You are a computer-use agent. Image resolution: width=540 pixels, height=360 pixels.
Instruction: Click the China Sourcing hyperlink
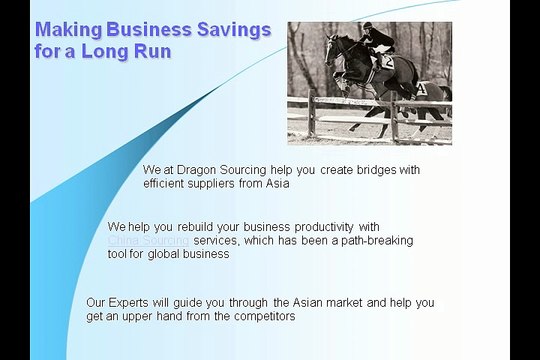(148, 241)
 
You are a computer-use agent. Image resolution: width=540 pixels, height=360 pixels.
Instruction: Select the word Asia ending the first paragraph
(277, 184)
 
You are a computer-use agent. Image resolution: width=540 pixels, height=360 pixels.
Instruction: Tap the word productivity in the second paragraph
(319, 227)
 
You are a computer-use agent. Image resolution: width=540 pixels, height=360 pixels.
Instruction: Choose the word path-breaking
(373, 241)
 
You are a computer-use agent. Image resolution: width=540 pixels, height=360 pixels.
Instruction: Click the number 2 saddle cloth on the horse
(386, 62)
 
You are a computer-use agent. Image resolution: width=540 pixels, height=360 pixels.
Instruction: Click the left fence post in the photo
(312, 113)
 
